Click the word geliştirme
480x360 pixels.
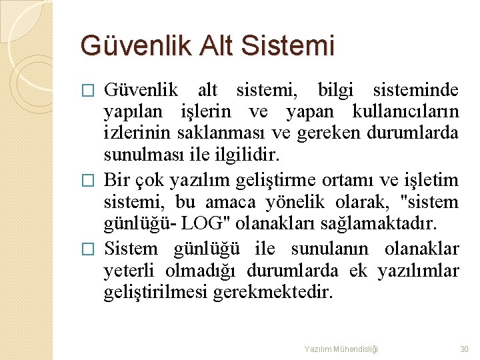tap(281, 180)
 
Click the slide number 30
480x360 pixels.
tap(464, 349)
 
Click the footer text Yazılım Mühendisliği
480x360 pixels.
tap(341, 349)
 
